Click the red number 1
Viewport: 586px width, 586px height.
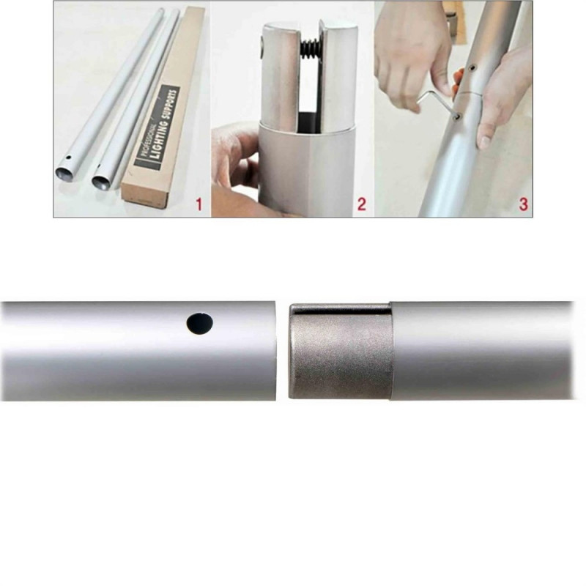(199, 204)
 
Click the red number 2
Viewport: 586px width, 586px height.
(361, 204)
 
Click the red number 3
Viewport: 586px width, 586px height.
(524, 204)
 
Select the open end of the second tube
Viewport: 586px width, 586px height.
(102, 181)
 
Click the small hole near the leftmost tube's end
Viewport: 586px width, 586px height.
(67, 158)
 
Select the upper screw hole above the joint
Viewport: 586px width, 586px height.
(472, 67)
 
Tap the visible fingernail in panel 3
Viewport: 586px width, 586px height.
(484, 142)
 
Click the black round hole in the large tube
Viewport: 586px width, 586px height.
(200, 324)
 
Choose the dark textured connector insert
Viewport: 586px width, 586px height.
(340, 352)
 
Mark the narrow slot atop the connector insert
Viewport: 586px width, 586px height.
(341, 308)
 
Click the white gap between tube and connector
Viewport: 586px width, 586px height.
(282, 352)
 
